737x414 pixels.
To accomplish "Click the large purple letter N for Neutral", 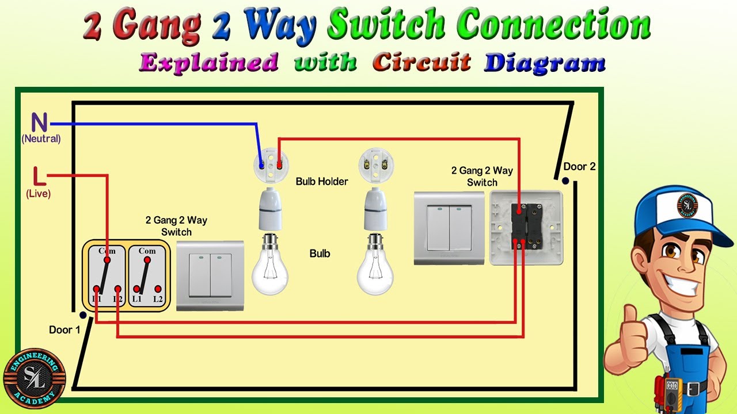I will pyautogui.click(x=39, y=123).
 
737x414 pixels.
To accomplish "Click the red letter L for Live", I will pyautogui.click(x=38, y=176).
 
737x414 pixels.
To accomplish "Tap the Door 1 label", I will pyautogui.click(x=64, y=330).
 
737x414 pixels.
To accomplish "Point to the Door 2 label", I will pyautogui.click(x=579, y=167).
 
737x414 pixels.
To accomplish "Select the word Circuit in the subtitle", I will pyautogui.click(x=421, y=62).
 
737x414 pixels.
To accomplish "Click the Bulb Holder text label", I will pyautogui.click(x=322, y=182).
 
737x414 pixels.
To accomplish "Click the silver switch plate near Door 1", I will pyautogui.click(x=210, y=275).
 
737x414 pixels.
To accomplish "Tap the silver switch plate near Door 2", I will pyautogui.click(x=450, y=228).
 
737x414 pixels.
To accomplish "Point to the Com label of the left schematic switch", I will pyautogui.click(x=107, y=251).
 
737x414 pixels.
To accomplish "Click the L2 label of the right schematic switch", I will pyautogui.click(x=158, y=299).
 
